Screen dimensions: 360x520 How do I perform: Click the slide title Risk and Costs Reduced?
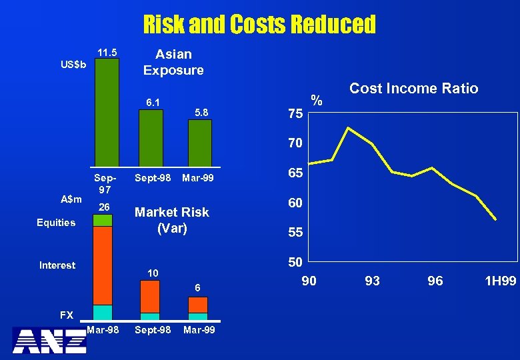pos(259,25)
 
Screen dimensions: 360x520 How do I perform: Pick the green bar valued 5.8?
pos(199,141)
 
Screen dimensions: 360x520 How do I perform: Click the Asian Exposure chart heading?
pos(173,62)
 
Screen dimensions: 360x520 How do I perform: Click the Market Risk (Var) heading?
pos(172,219)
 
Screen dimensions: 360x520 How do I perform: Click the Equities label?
pos(56,223)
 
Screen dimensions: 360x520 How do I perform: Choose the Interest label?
pos(57,265)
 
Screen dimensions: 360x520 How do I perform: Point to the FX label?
pos(67,315)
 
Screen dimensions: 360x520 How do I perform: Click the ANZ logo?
pos(49,340)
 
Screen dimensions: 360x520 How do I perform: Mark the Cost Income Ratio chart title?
pos(413,89)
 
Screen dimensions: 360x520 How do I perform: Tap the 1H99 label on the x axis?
pos(500,281)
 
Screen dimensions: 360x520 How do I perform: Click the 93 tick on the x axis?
pos(372,281)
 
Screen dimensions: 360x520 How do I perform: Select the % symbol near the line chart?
pos(317,101)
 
